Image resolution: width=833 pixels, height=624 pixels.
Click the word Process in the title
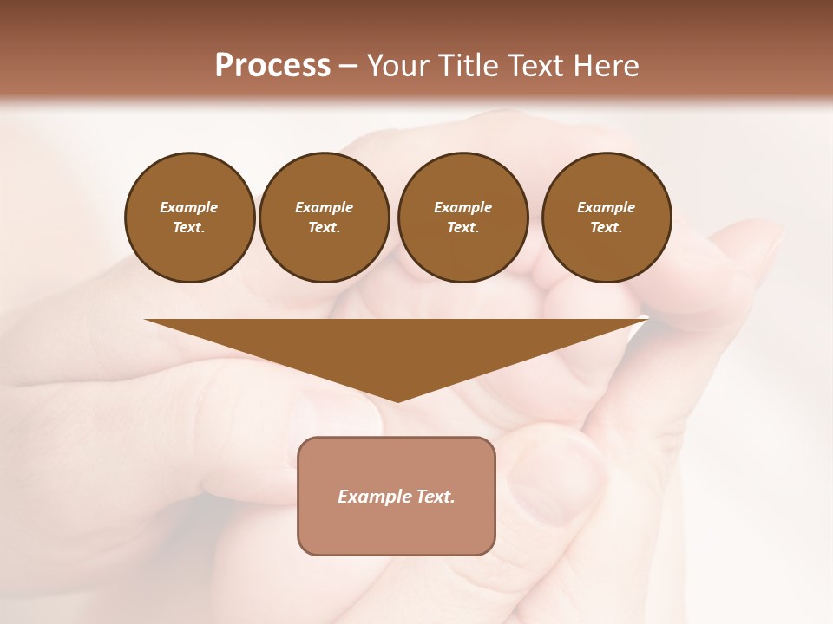click(272, 66)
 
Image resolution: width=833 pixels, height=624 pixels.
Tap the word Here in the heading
click(605, 66)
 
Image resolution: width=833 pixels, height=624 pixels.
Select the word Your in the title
click(396, 66)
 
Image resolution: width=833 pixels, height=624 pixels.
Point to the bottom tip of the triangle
click(397, 400)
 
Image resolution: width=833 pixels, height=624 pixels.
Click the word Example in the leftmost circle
click(189, 207)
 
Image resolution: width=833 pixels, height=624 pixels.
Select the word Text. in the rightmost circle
click(606, 227)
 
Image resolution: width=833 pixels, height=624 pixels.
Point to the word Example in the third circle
click(462, 207)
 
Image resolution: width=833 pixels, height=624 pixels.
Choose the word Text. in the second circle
click(324, 227)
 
